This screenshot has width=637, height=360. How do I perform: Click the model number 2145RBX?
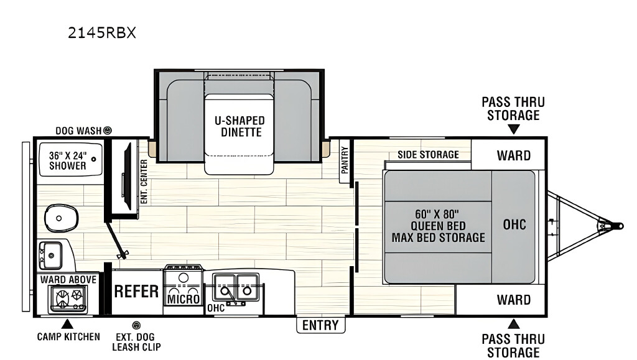101,32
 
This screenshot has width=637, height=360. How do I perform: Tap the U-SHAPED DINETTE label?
239,126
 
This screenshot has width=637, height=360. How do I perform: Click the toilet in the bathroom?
60,218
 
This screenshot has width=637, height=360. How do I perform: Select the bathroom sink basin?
50,256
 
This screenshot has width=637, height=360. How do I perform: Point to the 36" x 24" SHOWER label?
68,160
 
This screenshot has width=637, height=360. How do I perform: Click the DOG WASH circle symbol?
107,131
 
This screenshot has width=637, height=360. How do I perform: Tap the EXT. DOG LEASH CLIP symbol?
136,325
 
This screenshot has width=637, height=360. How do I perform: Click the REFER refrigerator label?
136,291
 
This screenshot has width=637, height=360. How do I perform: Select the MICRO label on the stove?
184,299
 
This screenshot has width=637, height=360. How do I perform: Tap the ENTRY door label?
320,325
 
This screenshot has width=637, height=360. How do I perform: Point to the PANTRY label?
345,160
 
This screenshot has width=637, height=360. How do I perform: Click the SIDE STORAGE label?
428,155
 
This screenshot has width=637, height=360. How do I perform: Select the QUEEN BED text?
439,226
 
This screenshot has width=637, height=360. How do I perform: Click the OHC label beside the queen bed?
514,224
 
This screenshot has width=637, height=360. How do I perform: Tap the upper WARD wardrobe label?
513,155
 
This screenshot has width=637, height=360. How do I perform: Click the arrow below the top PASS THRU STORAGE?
513,129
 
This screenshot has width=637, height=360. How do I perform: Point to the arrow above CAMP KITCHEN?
67,324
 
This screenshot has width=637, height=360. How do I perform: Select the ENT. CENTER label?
144,182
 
